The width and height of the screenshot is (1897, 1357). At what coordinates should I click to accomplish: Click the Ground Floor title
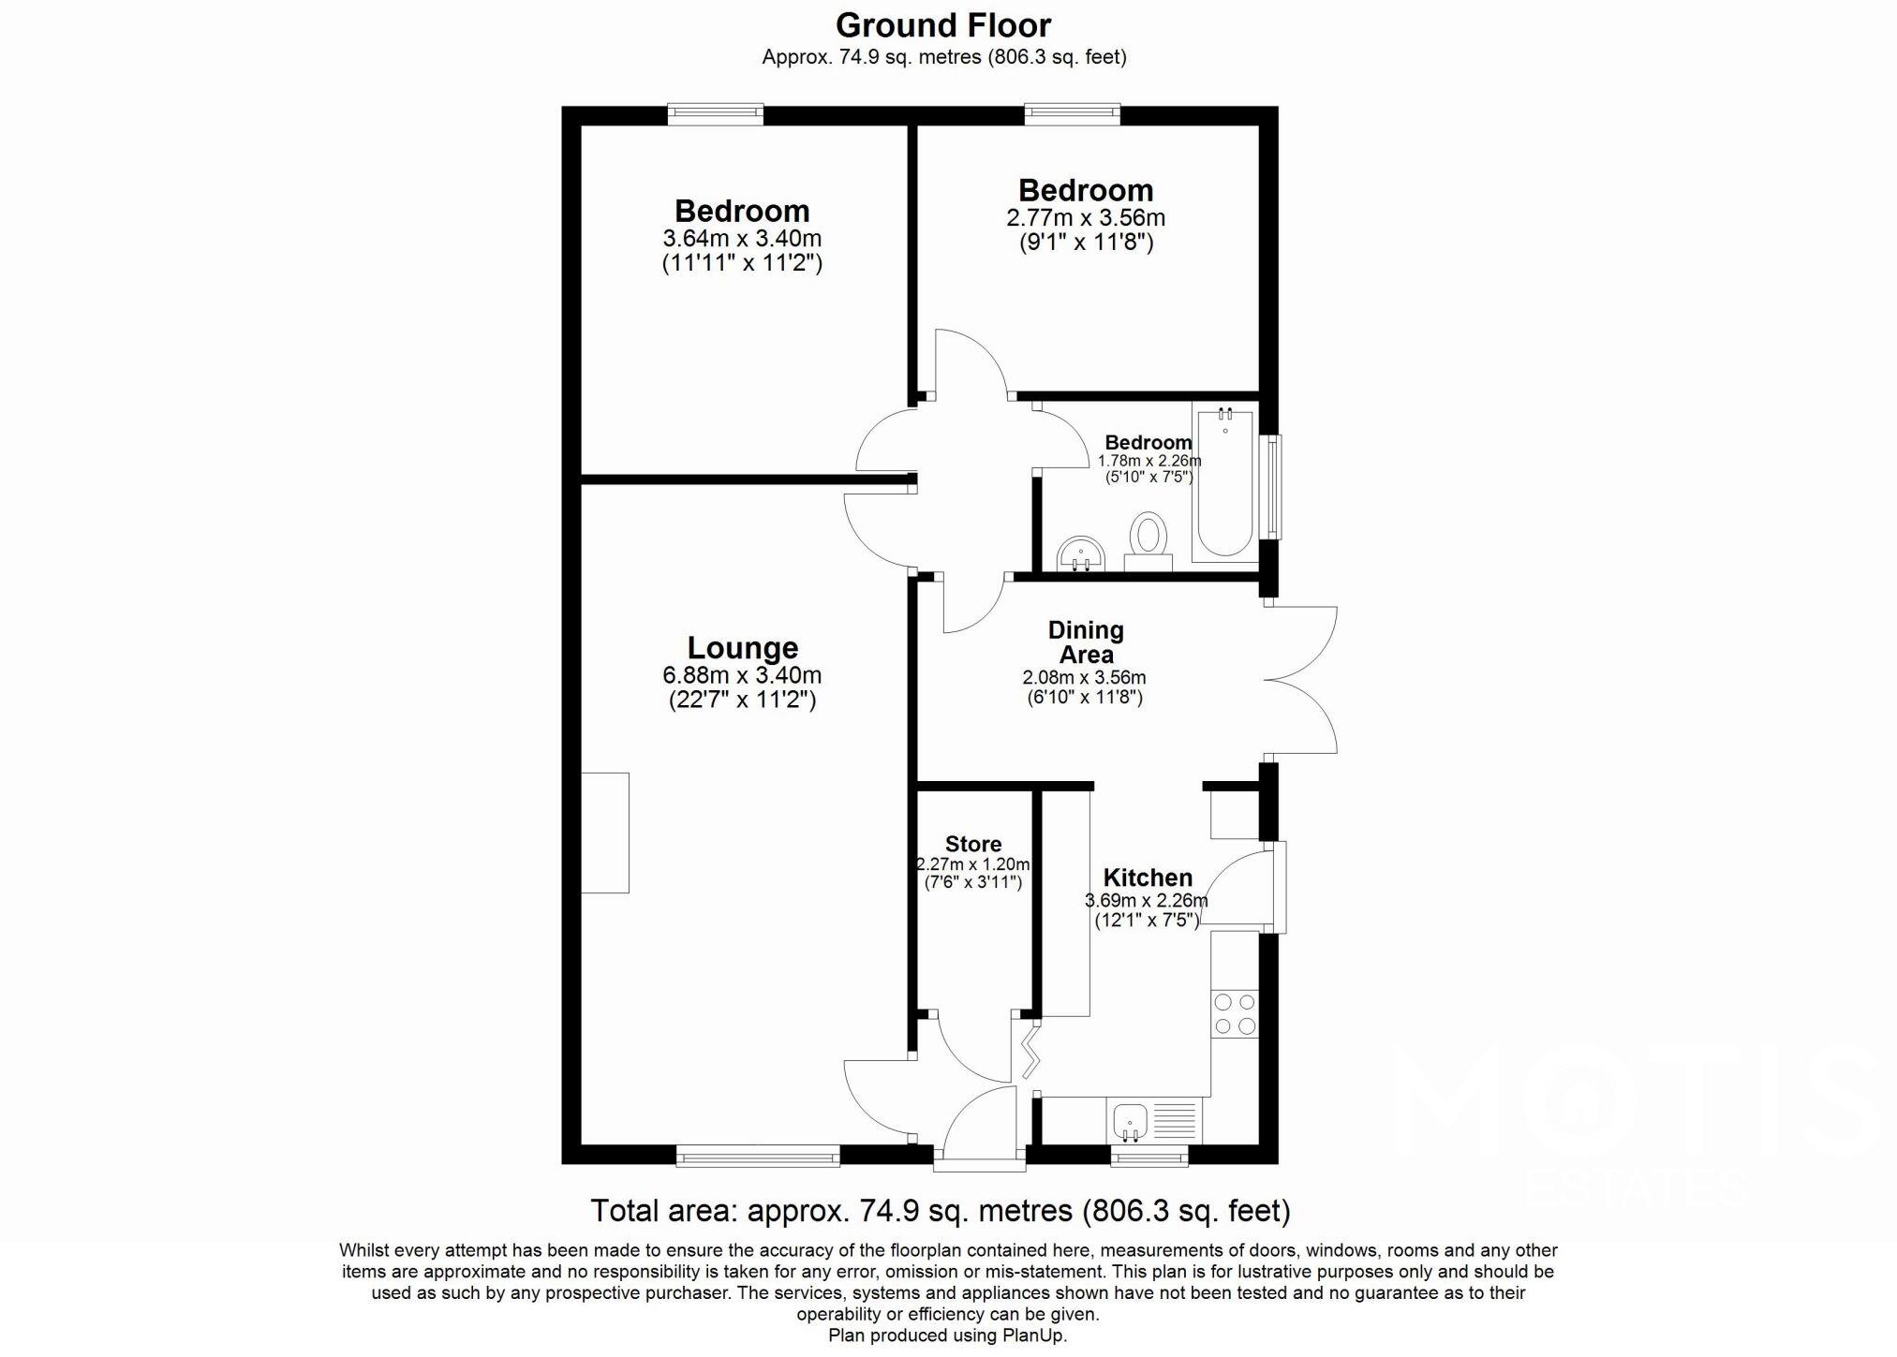[943, 25]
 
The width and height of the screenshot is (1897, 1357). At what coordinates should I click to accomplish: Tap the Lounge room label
[742, 648]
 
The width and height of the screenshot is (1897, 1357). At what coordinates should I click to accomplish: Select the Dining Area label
[1085, 642]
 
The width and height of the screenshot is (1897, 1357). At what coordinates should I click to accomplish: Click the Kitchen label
[1147, 878]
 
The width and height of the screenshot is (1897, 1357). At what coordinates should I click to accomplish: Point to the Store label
[973, 844]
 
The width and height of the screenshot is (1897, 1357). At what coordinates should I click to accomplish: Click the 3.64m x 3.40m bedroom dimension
[742, 238]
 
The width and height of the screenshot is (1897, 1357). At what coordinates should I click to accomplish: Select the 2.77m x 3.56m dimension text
[1085, 218]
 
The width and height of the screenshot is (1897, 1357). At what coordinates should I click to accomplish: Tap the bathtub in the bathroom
[1224, 482]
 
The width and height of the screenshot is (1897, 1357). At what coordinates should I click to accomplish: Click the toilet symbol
[1148, 540]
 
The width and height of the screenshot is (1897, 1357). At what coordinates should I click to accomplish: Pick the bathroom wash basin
[1081, 554]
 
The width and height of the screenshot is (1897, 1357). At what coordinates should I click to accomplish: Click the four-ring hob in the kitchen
[1234, 1014]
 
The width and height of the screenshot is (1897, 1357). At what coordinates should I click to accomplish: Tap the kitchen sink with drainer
[1153, 1120]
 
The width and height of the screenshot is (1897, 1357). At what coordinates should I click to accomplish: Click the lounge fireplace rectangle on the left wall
[605, 833]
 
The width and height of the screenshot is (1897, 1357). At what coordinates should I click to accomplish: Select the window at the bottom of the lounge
[758, 1158]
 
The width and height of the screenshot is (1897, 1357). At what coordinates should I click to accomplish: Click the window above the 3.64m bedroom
[715, 114]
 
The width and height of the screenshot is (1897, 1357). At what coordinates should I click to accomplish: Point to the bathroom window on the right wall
[1273, 487]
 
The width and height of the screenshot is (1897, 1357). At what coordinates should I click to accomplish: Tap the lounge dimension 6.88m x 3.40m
[742, 675]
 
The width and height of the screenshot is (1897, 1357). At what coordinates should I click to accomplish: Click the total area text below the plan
[940, 1211]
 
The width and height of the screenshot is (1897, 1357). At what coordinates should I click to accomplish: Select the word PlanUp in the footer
[1033, 1335]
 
